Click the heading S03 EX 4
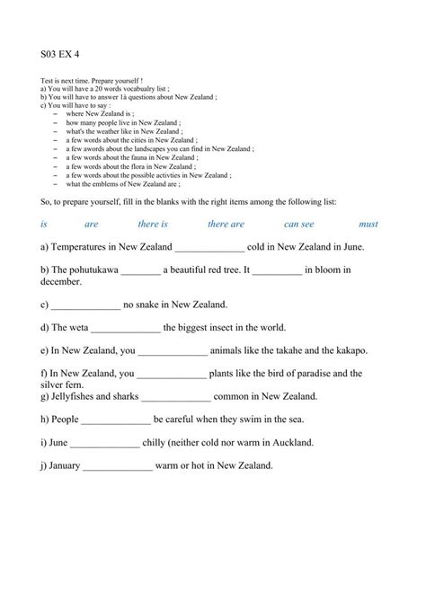60,53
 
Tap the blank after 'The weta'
126,329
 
